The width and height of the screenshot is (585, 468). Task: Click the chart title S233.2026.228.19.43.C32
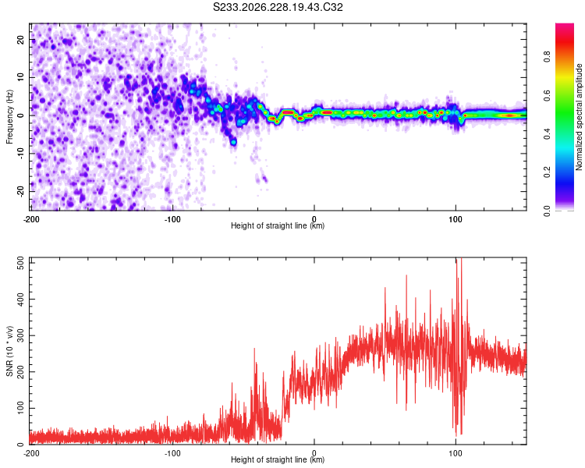point(278,7)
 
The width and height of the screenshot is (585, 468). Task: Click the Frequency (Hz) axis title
point(9,117)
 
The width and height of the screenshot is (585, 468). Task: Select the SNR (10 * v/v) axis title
point(9,351)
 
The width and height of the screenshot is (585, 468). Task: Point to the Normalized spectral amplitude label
point(579,117)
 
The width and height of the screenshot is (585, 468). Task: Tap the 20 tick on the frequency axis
point(21,40)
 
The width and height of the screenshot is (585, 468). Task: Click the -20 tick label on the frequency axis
point(21,192)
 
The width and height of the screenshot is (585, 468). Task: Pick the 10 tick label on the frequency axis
point(21,77)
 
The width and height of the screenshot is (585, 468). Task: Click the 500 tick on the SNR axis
point(21,263)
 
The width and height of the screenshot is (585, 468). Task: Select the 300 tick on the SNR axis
point(21,335)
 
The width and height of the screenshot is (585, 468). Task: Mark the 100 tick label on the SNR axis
point(21,408)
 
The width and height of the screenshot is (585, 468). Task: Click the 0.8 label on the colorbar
point(547,57)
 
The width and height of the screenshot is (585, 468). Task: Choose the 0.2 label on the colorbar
point(547,172)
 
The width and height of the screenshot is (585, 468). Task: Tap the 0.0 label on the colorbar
point(547,211)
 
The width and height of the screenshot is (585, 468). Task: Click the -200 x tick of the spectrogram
point(31,219)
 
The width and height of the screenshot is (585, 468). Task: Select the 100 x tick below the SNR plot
point(456,453)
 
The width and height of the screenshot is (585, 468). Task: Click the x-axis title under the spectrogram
point(278,225)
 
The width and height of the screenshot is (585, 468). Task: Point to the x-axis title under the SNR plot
point(278,459)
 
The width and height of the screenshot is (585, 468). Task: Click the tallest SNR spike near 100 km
point(461,258)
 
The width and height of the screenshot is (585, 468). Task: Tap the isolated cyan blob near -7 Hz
point(233,142)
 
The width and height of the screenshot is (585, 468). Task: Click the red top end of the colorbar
point(565,26)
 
